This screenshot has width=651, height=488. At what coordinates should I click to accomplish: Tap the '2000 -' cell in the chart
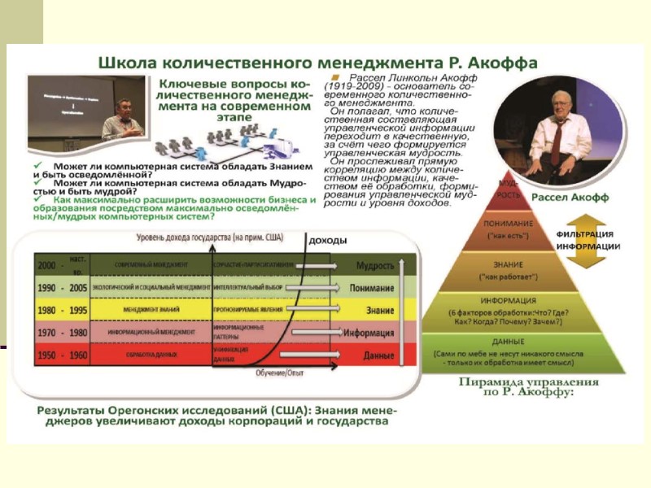coord(49,265)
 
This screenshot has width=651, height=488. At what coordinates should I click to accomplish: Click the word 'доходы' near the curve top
coord(328,241)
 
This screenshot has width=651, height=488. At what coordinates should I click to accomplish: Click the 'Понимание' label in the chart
coord(372,288)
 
